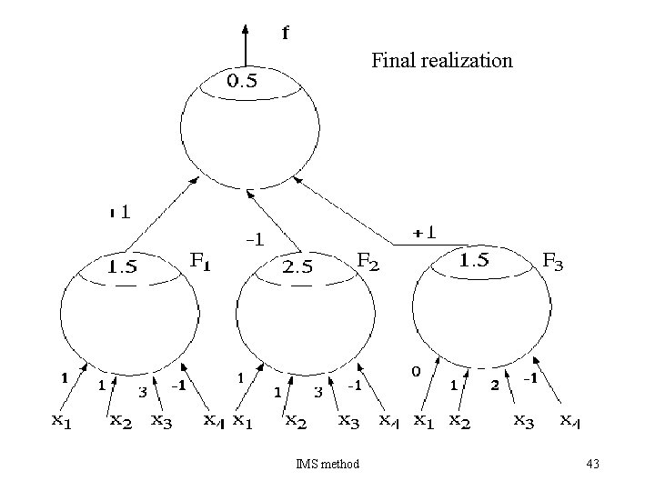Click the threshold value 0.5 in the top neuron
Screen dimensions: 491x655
[x=241, y=80]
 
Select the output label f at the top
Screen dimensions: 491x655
[x=285, y=34]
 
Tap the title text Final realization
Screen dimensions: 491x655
[x=441, y=61]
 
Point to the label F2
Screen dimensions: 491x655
[x=368, y=260]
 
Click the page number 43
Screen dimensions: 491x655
[x=592, y=465]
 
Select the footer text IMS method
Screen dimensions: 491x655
[x=327, y=465]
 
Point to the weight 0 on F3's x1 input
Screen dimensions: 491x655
[x=415, y=371]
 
